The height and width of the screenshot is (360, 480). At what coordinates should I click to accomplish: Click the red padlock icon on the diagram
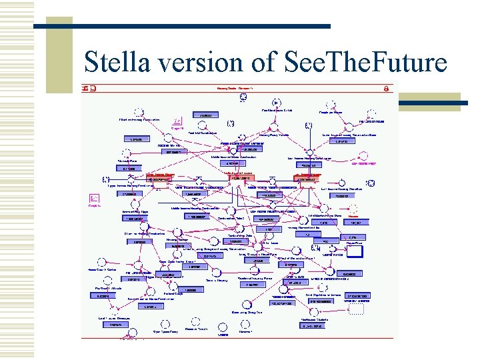click(x=386, y=88)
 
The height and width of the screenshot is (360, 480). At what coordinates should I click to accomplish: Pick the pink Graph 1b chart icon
click(x=177, y=122)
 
